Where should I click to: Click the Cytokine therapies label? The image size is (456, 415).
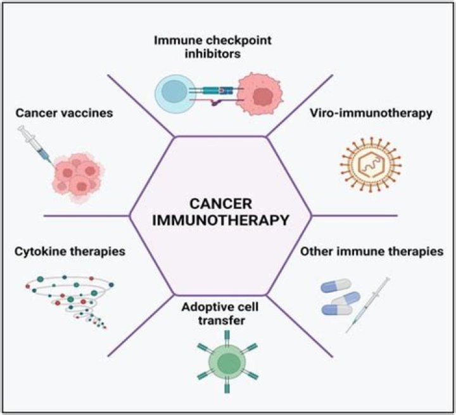click(69, 251)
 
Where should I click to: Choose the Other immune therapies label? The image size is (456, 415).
click(372, 252)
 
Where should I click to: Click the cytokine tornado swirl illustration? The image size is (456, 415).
click(68, 297)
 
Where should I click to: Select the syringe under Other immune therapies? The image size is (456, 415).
click(368, 303)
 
